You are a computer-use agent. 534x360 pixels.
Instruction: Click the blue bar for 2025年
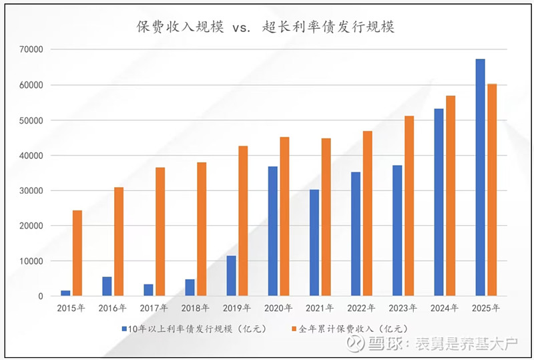tap(480, 178)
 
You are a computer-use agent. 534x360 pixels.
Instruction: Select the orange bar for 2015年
tap(77, 253)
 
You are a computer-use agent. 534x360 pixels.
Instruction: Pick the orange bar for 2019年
tap(243, 221)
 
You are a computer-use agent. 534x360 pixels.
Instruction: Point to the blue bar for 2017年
tap(148, 290)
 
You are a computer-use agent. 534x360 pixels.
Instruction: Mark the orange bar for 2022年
tap(367, 213)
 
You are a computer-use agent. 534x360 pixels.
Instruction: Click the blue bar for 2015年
tap(65, 293)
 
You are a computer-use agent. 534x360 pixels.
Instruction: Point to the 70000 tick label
tap(31, 49)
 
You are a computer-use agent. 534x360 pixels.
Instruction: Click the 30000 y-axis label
tap(31, 190)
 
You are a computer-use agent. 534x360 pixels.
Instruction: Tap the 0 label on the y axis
tap(41, 296)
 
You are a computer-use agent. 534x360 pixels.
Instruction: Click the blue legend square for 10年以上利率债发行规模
tap(124, 329)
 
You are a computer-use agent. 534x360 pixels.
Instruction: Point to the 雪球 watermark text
tap(383, 344)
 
